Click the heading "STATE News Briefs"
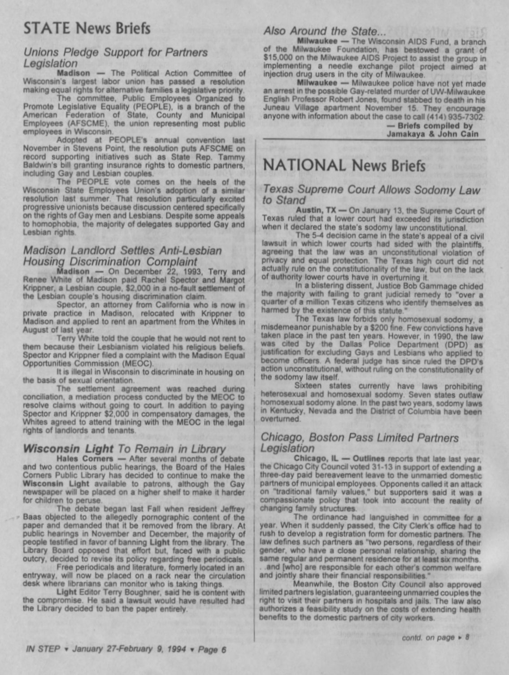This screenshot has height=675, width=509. (87, 29)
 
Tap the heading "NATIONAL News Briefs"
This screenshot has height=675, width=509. (344, 165)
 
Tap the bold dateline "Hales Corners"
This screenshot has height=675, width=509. (85, 459)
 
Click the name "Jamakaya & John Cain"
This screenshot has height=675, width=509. (432, 134)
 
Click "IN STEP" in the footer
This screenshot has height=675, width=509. (43, 649)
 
